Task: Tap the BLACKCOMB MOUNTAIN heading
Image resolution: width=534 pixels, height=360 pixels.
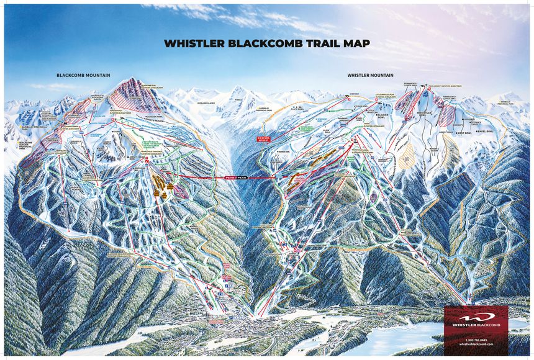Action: coord(83,75)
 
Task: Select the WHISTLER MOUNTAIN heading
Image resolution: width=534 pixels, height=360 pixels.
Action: coord(370,75)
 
